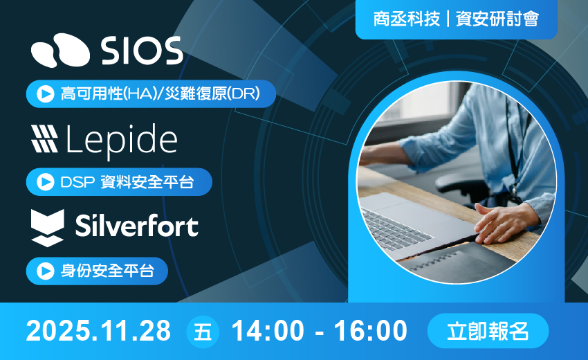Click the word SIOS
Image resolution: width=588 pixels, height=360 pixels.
click(142, 51)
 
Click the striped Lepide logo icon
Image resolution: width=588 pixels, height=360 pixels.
click(45, 138)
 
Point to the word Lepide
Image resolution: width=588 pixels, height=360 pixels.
click(122, 139)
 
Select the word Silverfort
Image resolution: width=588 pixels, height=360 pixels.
click(136, 226)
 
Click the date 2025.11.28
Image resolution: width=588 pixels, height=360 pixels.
click(98, 331)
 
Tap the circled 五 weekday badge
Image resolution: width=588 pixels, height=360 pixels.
click(203, 331)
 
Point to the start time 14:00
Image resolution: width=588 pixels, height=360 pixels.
click(266, 331)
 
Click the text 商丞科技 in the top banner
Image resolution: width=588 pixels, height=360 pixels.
click(406, 19)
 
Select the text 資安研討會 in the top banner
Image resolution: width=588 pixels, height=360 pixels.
click(497, 19)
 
